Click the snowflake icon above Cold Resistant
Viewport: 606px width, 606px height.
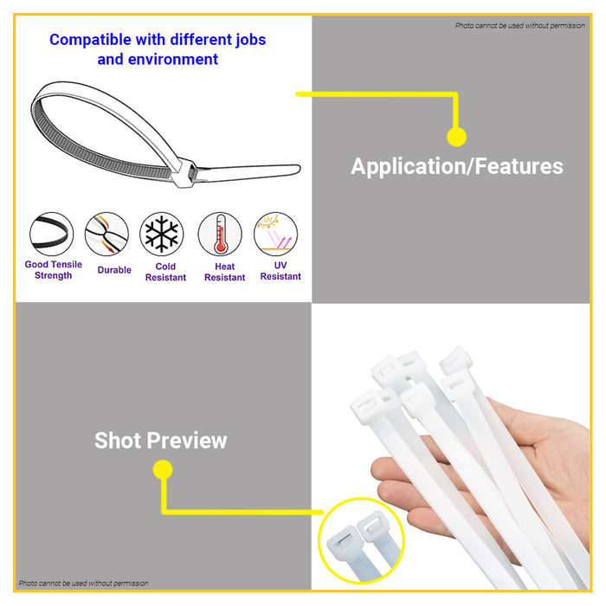(160, 235)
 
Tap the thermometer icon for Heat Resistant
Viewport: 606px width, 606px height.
(220, 235)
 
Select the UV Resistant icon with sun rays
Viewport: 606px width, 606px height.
(276, 234)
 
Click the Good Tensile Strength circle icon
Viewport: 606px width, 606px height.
(52, 235)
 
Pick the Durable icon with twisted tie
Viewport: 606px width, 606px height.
(106, 235)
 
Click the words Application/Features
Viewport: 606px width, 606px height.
(456, 166)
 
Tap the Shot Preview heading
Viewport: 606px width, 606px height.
(161, 440)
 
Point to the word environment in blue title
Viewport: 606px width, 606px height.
(171, 60)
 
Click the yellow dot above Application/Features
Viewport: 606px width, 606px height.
(456, 137)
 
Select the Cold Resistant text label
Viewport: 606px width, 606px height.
(165, 272)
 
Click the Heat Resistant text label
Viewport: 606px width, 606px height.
(224, 272)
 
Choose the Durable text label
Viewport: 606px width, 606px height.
(114, 270)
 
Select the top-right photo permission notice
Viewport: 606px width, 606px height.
(519, 26)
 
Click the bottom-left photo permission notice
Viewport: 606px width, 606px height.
(83, 583)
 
